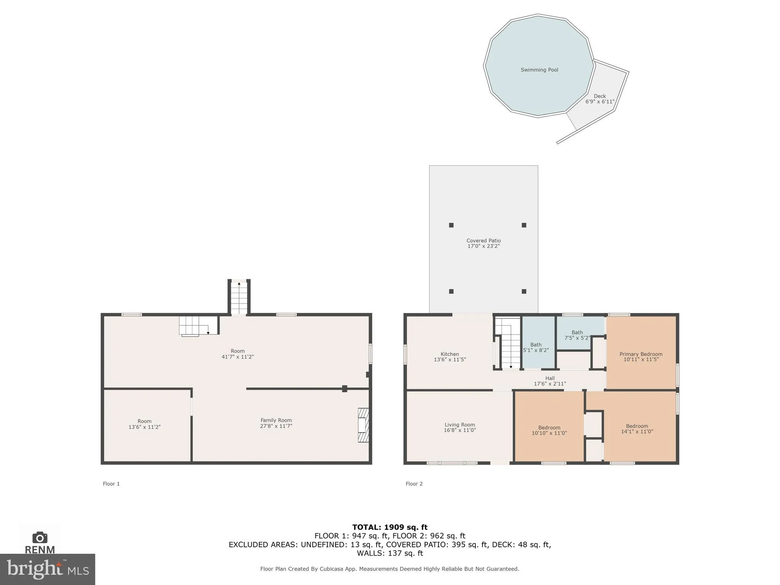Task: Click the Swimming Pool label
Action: click(x=539, y=70)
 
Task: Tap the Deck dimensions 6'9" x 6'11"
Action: click(x=600, y=102)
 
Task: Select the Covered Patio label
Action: click(x=483, y=241)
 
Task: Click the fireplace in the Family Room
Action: click(x=363, y=425)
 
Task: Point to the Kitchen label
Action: click(x=450, y=354)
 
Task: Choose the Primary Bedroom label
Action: click(x=641, y=354)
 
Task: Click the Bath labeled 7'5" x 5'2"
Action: click(x=577, y=335)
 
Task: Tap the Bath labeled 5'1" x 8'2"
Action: click(x=536, y=347)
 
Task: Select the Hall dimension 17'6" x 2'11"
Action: click(x=549, y=384)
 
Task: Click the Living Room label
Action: click(x=460, y=425)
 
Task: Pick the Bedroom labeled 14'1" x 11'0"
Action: click(x=637, y=429)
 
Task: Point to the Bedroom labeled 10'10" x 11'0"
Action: click(x=549, y=430)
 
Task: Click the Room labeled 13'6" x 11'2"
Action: click(x=144, y=424)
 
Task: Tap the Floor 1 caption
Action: click(x=111, y=484)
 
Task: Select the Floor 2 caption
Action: click(x=414, y=484)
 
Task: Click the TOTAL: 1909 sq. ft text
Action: click(x=390, y=527)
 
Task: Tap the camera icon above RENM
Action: click(x=40, y=537)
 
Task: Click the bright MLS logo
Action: click(x=48, y=569)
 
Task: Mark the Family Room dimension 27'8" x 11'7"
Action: click(x=276, y=426)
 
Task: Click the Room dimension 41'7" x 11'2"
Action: click(x=238, y=357)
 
